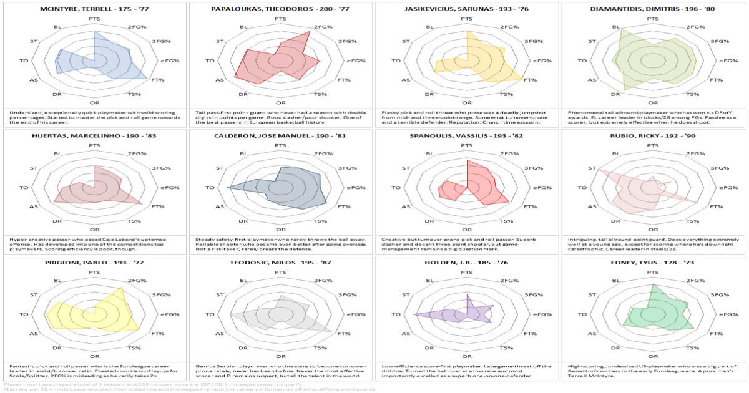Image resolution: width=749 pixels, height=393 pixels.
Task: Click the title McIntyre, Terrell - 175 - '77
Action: tap(94, 9)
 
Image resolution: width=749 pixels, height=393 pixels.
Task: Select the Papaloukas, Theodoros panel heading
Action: tap(280, 9)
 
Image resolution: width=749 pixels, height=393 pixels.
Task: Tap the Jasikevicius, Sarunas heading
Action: tap(466, 9)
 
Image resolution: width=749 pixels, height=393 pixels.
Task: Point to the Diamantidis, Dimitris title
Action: tap(652, 9)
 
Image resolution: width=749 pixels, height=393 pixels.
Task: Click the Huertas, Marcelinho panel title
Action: tap(94, 135)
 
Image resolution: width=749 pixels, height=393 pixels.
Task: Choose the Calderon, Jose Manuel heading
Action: tap(280, 135)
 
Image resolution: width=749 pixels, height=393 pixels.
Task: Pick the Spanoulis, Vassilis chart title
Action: tap(466, 135)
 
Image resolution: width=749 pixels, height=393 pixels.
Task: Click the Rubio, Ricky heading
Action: tap(652, 135)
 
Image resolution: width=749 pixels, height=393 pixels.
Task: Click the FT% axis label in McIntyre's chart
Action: tap(157, 80)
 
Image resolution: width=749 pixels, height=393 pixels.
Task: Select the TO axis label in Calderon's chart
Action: tap(210, 187)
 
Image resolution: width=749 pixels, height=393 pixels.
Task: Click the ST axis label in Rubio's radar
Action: tap(592, 168)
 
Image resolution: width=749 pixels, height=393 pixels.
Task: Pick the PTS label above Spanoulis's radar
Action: tap(466, 146)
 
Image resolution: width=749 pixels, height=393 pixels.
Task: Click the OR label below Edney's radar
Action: tap(652, 356)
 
